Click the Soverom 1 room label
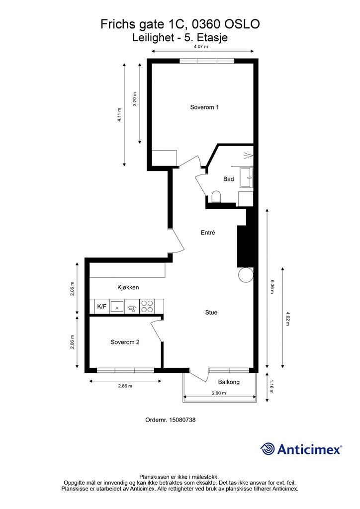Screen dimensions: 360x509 204,107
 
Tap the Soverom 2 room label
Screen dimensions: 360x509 125,342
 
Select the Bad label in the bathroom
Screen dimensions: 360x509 229,179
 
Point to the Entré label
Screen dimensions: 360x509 208,233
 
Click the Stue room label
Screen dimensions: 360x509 211,313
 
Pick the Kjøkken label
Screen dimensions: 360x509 128,288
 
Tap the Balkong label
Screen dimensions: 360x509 229,382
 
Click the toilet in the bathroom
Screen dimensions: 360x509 216,197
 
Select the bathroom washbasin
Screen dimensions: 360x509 247,177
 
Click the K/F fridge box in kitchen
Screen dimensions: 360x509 101,306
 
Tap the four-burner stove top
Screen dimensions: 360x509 147,306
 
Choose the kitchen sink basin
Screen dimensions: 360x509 117,306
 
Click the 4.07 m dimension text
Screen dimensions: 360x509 201,46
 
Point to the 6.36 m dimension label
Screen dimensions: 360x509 272,287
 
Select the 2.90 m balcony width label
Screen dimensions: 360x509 219,393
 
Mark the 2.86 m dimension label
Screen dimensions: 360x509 125,386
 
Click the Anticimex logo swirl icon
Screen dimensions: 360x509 268,449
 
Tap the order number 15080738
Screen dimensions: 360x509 182,420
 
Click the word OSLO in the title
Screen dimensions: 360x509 242,24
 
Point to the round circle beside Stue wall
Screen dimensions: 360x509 246,274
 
